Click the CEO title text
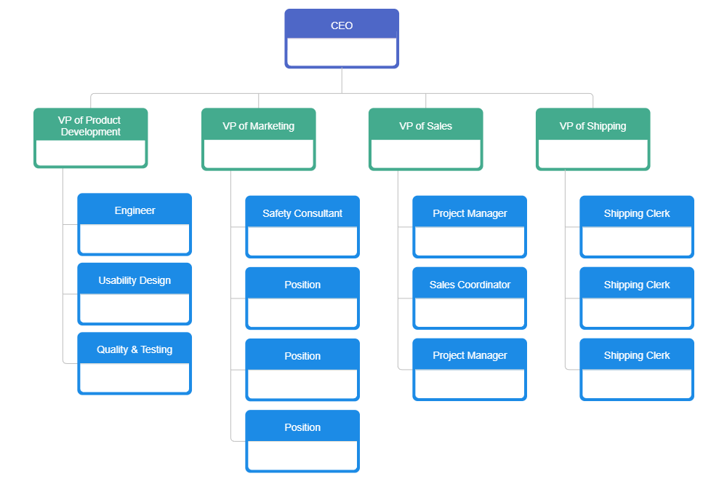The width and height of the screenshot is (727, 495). [342, 25]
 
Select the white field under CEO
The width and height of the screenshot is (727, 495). [342, 52]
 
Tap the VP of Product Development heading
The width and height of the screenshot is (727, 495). [91, 126]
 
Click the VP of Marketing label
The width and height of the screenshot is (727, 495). [258, 126]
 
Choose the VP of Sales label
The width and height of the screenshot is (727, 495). [425, 126]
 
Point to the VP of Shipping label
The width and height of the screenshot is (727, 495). [593, 126]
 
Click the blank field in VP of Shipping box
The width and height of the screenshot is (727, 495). [593, 154]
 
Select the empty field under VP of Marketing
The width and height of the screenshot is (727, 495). [258, 154]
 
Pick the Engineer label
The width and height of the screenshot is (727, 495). [134, 210]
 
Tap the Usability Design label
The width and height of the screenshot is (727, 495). [134, 280]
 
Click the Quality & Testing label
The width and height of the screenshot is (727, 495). [134, 349]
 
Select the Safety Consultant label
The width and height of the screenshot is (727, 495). [302, 213]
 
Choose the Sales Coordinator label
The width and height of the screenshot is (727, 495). [470, 285]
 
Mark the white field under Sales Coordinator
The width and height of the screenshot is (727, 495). [470, 312]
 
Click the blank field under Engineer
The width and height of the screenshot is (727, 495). [134, 238]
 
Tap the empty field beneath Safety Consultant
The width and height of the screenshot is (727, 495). [302, 241]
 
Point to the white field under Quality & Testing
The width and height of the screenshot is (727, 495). [134, 377]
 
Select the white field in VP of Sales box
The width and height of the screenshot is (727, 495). [425, 154]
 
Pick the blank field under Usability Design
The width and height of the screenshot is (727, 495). [134, 308]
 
